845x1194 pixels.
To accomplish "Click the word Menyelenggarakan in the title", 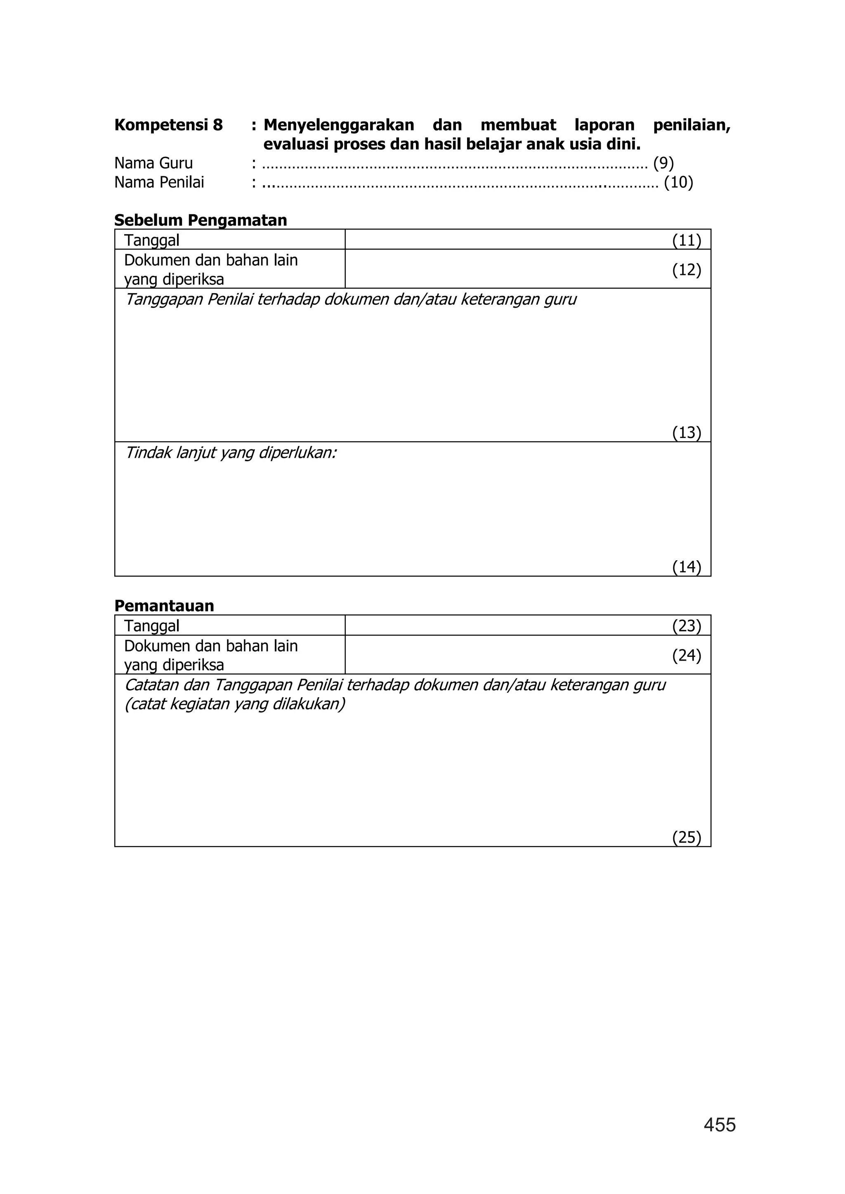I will point(339,125).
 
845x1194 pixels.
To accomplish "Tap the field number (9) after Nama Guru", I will point(663,163).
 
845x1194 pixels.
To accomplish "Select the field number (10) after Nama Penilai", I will point(678,183).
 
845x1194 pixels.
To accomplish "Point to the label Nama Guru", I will point(153,163).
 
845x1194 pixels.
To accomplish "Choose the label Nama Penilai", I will point(159,183).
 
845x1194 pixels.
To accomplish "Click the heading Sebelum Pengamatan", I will point(201,220).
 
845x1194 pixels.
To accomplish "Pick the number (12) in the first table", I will point(686,270).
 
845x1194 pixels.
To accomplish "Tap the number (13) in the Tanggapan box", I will point(686,432).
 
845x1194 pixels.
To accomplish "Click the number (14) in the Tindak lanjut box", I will point(686,566).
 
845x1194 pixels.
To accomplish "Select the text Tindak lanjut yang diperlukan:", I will point(231,453).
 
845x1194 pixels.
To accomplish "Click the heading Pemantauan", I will point(164,606).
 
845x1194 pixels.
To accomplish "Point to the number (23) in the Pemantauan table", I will point(686,625).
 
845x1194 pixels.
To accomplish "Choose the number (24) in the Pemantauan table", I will point(686,655).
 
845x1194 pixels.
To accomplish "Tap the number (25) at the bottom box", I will point(686,837).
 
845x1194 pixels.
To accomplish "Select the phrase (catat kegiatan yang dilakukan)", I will point(235,704).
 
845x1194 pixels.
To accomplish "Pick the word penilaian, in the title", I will point(692,125).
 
